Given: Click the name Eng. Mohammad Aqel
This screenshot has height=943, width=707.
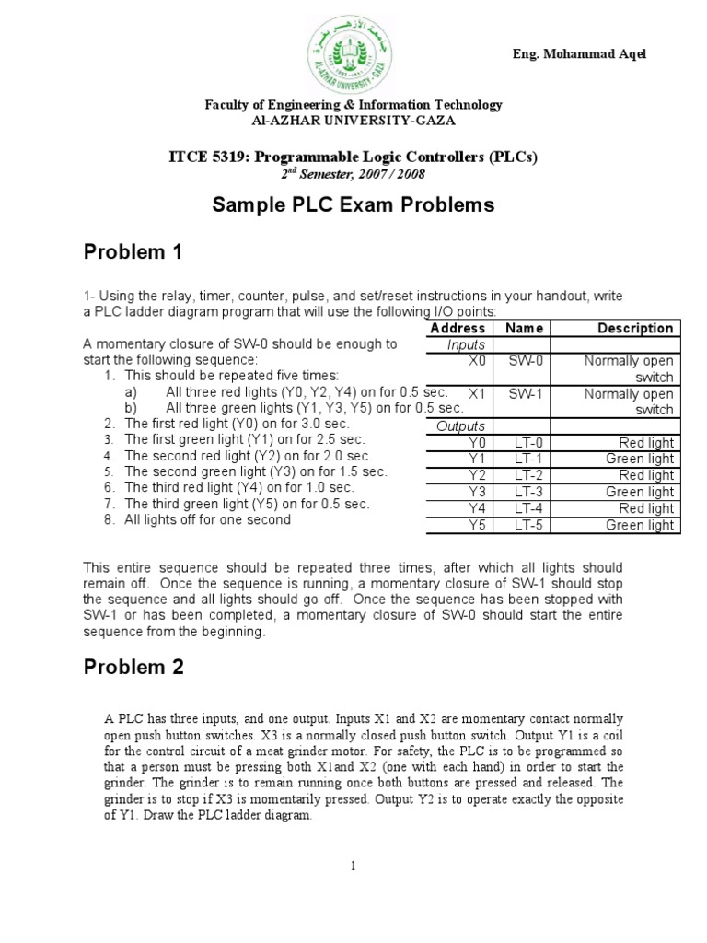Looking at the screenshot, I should click(579, 53).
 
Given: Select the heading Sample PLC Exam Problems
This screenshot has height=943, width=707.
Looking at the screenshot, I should click(353, 204).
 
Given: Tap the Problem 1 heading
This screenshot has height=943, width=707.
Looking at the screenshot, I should click(133, 251).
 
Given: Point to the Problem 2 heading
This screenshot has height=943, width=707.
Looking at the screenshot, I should click(133, 668).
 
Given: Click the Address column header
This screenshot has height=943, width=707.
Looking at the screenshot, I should click(458, 328).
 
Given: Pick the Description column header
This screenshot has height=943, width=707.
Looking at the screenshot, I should click(635, 328).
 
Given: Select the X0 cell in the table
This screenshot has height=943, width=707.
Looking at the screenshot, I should click(476, 361).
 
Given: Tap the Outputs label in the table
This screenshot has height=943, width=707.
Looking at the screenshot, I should click(460, 426).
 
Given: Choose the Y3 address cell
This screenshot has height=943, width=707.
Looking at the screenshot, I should click(477, 492).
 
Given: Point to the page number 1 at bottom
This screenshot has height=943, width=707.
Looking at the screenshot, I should click(353, 865).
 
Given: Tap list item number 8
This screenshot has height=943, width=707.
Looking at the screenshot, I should click(207, 519).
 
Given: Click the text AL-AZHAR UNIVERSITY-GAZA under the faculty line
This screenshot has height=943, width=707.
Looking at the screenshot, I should click(353, 120).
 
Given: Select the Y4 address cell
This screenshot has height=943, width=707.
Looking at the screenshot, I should click(477, 508).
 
